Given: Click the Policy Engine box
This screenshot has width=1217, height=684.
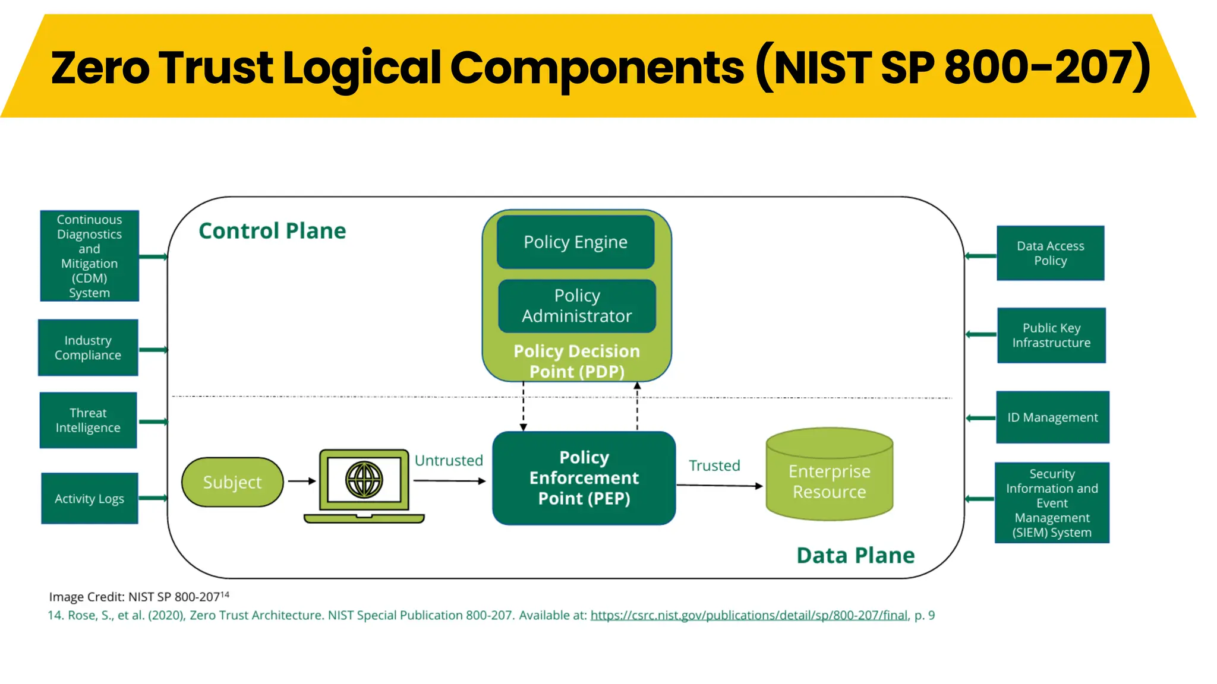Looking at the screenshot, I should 575,242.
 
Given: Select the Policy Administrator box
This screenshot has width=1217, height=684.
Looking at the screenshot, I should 576,306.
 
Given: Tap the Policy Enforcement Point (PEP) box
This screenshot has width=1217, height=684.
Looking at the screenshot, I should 584,478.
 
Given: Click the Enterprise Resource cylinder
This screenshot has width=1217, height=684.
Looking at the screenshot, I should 829,478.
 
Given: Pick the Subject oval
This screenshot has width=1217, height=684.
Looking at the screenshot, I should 232,482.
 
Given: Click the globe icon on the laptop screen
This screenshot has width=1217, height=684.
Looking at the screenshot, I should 364,479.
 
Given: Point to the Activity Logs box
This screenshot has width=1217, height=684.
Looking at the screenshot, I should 89,498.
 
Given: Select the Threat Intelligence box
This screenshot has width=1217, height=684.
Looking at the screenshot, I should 88,420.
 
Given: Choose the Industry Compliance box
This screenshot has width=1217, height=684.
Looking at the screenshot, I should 88,347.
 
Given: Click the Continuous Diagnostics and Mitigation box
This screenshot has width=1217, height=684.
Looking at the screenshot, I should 89,256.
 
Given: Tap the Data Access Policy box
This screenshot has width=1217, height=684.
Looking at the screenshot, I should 1050,253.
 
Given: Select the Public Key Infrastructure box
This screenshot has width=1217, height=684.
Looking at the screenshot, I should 1051,335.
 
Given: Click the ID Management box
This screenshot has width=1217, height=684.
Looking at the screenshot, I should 1052,417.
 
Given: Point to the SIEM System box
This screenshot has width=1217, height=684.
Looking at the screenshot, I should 1052,503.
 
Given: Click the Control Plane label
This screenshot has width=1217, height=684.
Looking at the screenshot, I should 272,230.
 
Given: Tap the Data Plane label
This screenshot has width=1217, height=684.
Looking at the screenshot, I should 855,555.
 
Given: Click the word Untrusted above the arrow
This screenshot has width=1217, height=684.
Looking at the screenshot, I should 449,460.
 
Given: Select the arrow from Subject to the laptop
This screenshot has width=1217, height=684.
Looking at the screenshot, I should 302,481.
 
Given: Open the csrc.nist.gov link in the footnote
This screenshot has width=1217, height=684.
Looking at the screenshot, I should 749,615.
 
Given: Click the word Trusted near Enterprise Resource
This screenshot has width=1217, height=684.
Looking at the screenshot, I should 714,465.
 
